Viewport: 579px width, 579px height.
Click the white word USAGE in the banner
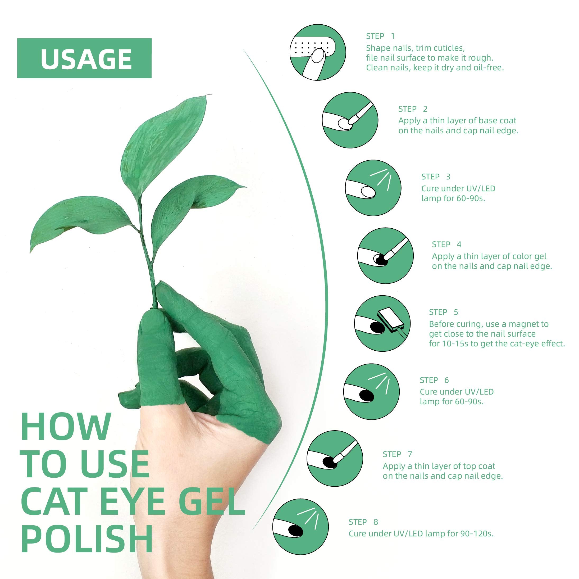tap(86, 59)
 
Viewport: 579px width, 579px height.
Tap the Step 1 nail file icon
tap(318, 52)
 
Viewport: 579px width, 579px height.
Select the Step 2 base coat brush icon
tap(350, 120)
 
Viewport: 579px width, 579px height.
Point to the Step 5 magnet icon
tap(382, 324)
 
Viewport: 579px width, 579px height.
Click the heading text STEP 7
tap(397, 454)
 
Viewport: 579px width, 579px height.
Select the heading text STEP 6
tap(434, 380)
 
